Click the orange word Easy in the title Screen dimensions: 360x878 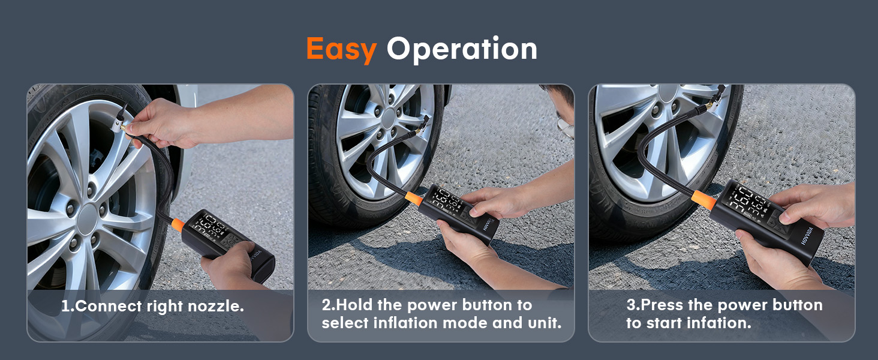(341, 49)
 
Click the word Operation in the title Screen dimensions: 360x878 (462, 49)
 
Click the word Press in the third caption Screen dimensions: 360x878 (661, 305)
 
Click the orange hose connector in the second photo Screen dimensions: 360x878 (413, 198)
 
